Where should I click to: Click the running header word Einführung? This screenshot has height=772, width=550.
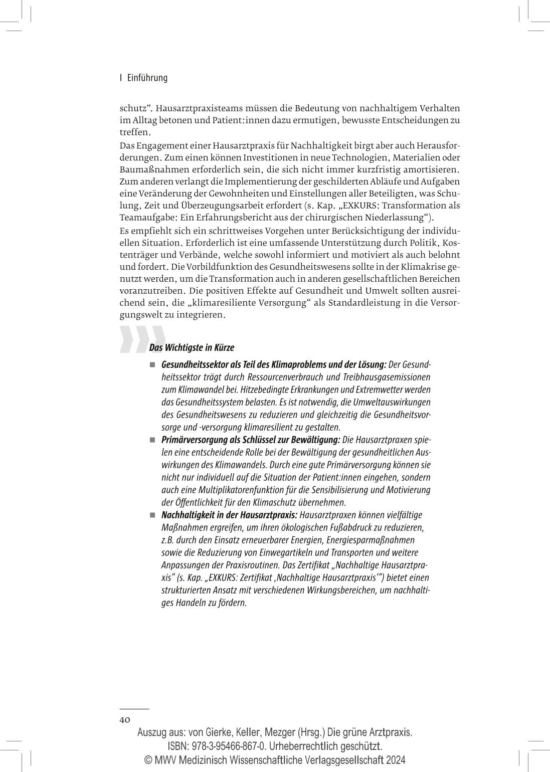[x=147, y=78]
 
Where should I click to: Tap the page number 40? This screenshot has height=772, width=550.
[x=125, y=719]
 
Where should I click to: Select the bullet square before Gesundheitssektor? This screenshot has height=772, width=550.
[x=152, y=364]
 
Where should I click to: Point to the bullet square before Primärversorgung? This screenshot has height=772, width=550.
[x=152, y=440]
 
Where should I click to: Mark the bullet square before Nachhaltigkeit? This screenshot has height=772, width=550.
[x=152, y=515]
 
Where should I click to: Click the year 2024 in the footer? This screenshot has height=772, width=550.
[x=395, y=759]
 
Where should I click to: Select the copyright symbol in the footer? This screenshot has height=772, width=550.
[x=148, y=759]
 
